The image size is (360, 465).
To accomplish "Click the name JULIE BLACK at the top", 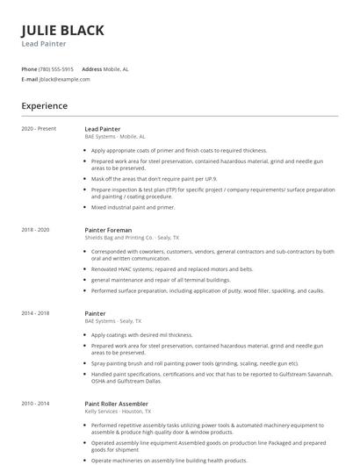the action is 62,30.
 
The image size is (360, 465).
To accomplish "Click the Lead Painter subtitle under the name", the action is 44,44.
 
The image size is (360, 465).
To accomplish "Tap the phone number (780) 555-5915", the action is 56,68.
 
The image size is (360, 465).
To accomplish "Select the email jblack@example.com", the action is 64,79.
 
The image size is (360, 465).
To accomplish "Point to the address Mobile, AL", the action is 116,68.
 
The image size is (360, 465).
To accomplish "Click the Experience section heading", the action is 44,106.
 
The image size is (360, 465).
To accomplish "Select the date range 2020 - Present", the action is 39,129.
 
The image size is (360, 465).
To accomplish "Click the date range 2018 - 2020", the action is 36,230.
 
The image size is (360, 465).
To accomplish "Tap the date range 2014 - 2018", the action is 36,313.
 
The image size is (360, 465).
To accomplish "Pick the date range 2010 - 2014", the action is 36,404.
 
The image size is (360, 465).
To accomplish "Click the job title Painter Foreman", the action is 107,230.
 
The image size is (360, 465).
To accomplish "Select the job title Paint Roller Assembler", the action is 117,404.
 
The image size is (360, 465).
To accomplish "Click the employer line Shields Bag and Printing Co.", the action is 132,238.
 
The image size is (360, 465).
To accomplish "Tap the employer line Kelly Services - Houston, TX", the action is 118,411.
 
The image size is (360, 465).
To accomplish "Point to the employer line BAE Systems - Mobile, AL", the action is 115,137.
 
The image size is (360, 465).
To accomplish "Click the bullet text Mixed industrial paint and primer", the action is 133,208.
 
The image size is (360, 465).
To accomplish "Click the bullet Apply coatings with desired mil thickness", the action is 141,334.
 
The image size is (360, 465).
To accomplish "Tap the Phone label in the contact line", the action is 29,68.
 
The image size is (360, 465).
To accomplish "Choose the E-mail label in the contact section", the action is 30,79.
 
